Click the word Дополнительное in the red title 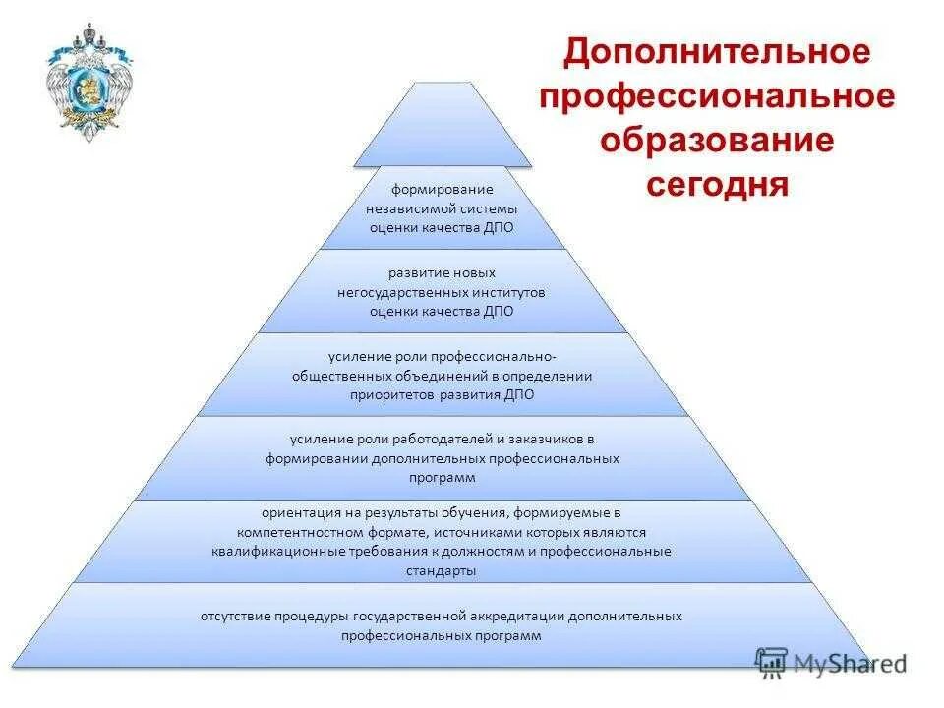click(717, 52)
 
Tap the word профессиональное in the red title click(717, 96)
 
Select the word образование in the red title click(717, 140)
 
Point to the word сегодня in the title click(717, 184)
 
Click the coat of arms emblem click(87, 83)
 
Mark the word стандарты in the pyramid click(441, 569)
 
